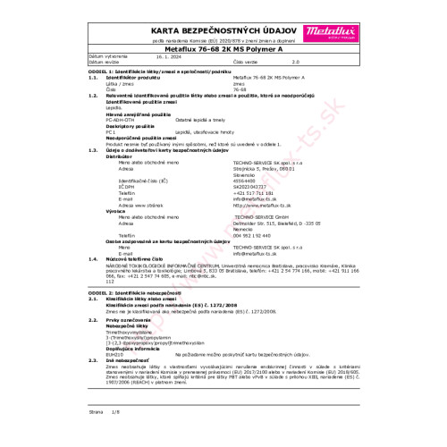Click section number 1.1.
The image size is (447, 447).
(x=93, y=79)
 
